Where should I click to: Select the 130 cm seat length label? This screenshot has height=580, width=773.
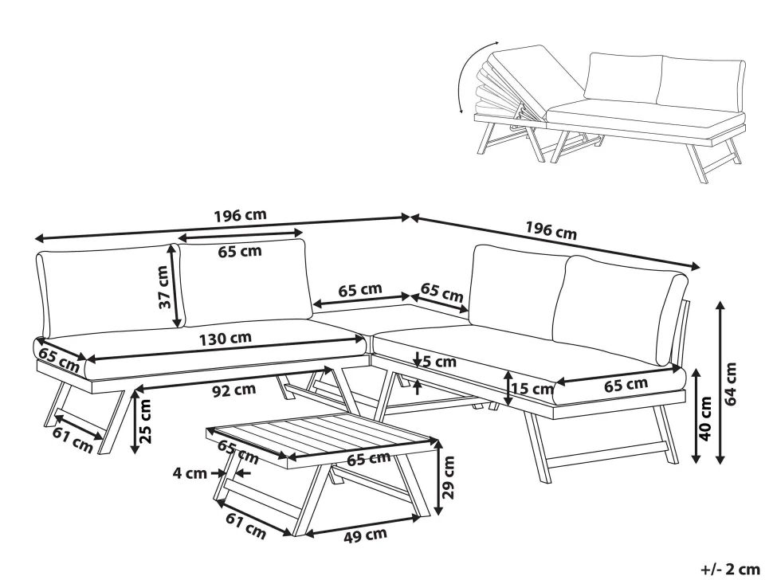[x=228, y=338]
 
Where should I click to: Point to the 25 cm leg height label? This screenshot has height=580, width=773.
[x=146, y=421]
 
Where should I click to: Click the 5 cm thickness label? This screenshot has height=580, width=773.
[x=440, y=362]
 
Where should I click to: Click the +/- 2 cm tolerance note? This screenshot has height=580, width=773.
[x=729, y=569]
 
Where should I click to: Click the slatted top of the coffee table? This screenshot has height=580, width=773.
[x=323, y=436]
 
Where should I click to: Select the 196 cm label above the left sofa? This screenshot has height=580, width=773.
[x=241, y=215]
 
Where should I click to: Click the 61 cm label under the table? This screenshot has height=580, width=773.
[x=245, y=527]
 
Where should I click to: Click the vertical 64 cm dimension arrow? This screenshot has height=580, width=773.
[x=721, y=382]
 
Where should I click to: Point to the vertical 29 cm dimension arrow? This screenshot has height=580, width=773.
[x=438, y=477]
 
